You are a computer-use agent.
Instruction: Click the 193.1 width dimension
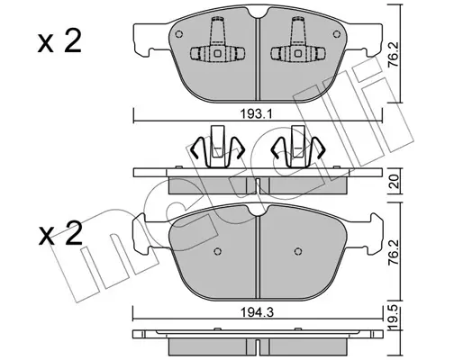click(x=256, y=114)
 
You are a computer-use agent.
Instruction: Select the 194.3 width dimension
click(x=257, y=313)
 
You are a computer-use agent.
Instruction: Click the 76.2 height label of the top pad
click(x=395, y=55)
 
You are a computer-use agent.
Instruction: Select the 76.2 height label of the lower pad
click(x=395, y=252)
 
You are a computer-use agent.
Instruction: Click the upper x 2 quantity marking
click(x=59, y=42)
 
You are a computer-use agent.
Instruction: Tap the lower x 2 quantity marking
click(x=60, y=233)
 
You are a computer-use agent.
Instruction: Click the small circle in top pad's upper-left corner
click(x=178, y=34)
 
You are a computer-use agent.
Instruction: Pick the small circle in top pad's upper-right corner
click(x=337, y=34)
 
